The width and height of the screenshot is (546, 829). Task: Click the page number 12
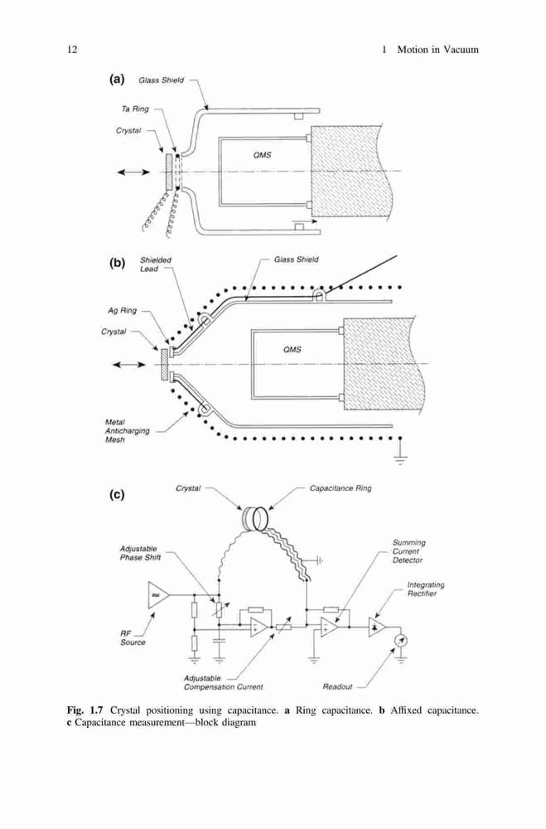point(72,50)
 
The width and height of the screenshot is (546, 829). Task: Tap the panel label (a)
point(117,80)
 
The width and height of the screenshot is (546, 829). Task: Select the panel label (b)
point(117,263)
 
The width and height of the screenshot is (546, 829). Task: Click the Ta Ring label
point(135,109)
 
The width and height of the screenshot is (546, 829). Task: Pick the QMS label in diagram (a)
point(262,155)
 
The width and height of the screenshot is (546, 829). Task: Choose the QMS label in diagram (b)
point(292,350)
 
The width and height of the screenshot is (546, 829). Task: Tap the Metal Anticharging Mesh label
point(127,431)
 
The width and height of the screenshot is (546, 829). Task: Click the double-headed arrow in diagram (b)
point(129,365)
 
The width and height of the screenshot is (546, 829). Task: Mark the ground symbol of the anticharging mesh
point(400,454)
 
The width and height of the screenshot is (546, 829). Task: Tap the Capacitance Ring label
point(341,488)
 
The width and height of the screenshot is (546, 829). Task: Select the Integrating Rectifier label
point(426,589)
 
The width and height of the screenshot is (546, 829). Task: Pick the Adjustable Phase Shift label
point(140,553)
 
